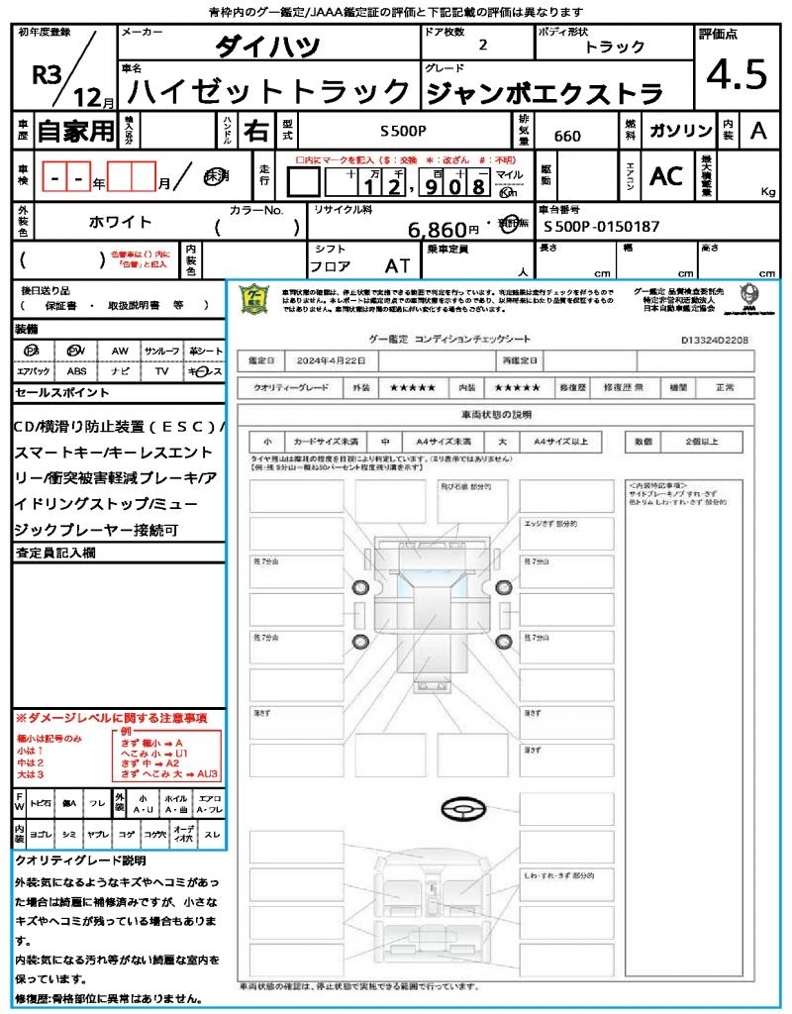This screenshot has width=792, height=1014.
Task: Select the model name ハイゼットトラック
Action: coord(269,92)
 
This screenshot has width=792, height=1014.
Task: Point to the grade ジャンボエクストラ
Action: coord(544,93)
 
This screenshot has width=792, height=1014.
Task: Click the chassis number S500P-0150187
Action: coord(602,227)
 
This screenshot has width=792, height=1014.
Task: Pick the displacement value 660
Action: coord(567,137)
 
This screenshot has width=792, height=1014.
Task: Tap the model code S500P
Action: coord(403,131)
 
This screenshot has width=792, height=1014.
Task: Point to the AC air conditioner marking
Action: coord(666,176)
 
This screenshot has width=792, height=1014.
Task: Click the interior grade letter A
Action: coord(758,131)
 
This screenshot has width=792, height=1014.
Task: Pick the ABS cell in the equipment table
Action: coord(77,371)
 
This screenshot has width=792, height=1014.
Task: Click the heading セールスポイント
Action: coord(62,393)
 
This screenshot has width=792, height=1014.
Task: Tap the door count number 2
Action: coord(482,46)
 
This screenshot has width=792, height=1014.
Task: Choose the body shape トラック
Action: coord(615,47)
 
